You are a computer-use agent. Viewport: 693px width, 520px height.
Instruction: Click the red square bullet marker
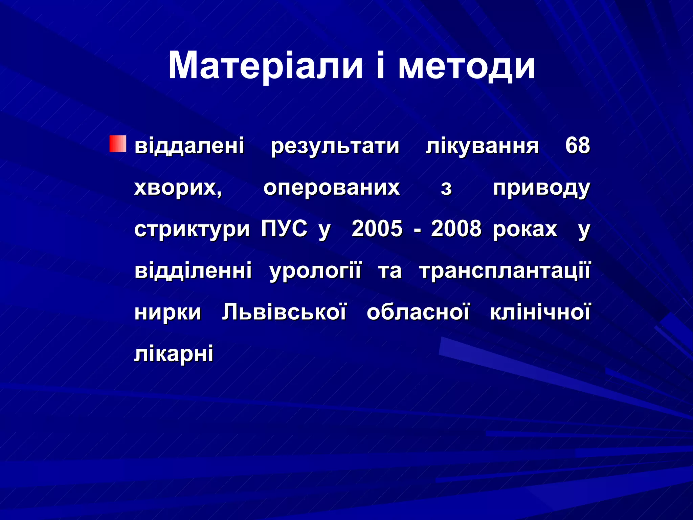(x=118, y=144)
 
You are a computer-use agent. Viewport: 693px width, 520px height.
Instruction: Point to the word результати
(x=335, y=146)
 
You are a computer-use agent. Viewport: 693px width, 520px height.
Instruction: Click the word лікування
(x=482, y=146)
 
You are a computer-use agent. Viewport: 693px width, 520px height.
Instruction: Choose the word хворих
(x=178, y=188)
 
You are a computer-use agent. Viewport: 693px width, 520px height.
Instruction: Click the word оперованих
(x=332, y=188)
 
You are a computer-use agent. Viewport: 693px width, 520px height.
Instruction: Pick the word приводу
(x=541, y=188)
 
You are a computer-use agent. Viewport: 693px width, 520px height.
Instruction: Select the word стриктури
(x=192, y=230)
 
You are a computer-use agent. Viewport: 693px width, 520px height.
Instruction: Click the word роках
(x=525, y=229)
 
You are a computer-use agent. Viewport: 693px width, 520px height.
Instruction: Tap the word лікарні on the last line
(x=174, y=354)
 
